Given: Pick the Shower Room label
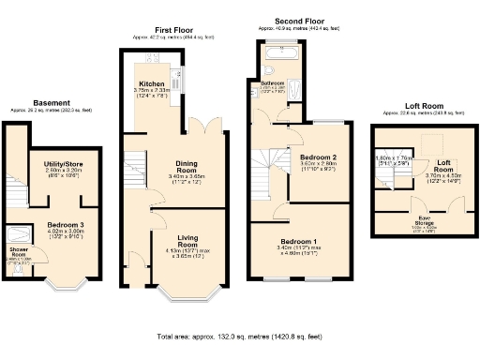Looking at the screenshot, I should (x=19, y=250).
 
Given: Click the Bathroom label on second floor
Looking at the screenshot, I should (x=273, y=83).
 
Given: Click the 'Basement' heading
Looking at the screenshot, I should (x=51, y=103).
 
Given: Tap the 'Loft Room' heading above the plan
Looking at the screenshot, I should (x=419, y=107).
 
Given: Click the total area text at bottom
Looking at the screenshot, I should (x=239, y=336).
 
